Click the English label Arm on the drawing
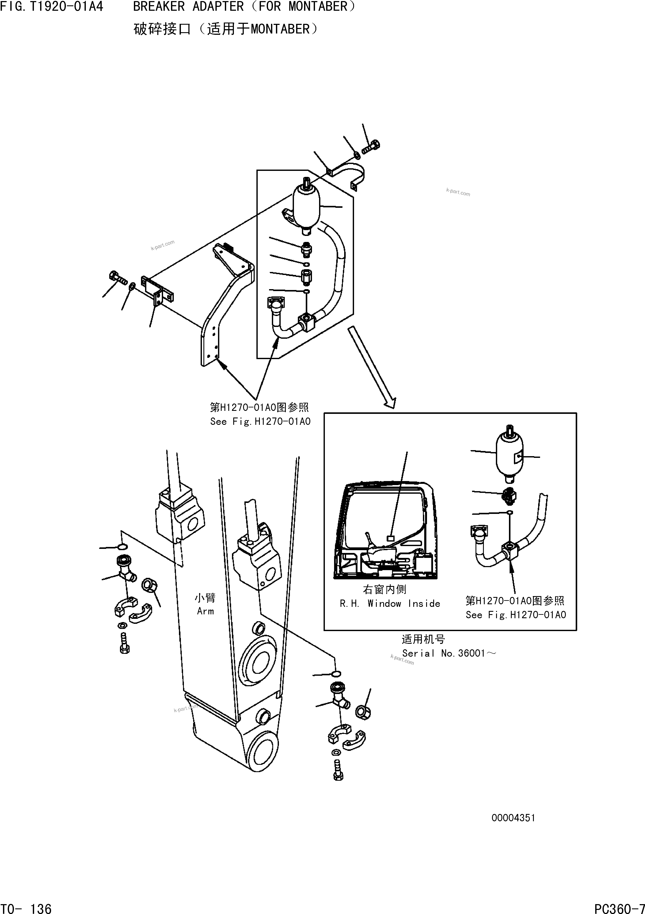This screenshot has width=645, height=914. (x=205, y=611)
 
